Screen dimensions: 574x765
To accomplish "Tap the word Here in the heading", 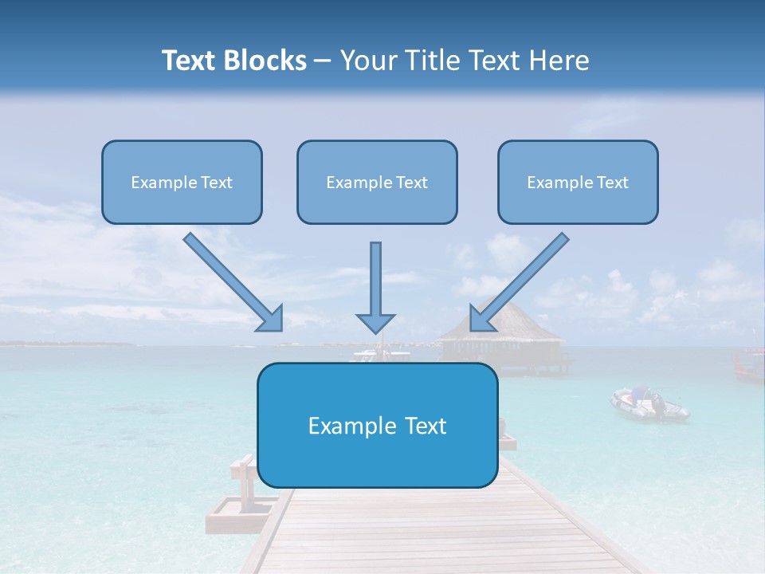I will point(561,61).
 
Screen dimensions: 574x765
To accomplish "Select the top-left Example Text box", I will point(182,182).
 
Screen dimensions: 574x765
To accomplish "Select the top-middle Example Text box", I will point(377,182).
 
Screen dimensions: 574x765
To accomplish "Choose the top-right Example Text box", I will point(578,182).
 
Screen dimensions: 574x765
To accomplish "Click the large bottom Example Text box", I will point(377,425).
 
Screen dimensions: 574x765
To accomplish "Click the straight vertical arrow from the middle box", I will point(375,279).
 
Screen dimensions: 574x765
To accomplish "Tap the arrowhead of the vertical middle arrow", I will point(375,322).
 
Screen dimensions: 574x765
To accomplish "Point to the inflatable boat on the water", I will point(649,404).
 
